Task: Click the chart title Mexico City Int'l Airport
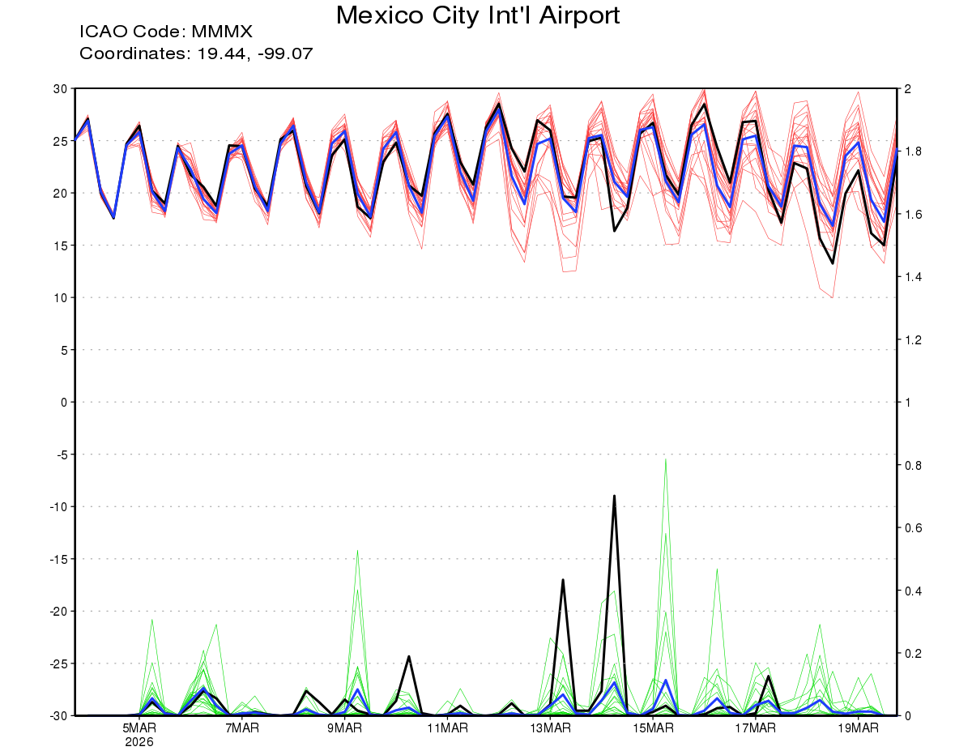coord(478,15)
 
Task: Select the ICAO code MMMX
coord(222,32)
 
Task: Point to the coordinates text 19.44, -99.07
coord(251,54)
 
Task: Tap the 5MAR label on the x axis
coord(139,728)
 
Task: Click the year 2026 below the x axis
coord(139,741)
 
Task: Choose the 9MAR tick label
coord(345,728)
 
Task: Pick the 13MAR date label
coord(550,728)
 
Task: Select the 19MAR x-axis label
coord(857,728)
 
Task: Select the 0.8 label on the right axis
coord(913,465)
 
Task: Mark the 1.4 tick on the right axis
coord(913,277)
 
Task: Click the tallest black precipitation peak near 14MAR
coord(615,496)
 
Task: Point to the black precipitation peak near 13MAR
coord(563,580)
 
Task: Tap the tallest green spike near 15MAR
coord(666,459)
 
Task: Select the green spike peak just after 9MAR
coord(357,551)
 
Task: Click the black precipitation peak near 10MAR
coord(409,656)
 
